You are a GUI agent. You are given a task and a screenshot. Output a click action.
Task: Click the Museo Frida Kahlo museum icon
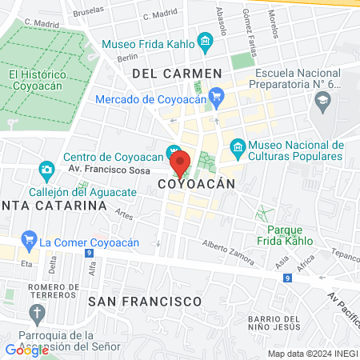pos(205,40)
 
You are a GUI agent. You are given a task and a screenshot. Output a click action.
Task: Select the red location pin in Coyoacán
pos(181,163)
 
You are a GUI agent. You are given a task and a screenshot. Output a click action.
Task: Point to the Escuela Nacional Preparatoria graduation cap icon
pos(322,100)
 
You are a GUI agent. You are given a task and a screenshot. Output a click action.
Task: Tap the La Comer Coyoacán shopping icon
pos(30,239)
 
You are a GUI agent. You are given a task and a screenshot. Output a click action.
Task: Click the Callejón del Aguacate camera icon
pos(46,170)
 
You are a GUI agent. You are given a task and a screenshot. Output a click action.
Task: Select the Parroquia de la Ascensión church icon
pos(35,313)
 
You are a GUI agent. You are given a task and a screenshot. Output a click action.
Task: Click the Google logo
pos(26,350)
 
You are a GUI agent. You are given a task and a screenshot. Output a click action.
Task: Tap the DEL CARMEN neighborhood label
pos(176,74)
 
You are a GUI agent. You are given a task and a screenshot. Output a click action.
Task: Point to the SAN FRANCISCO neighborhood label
pos(145,301)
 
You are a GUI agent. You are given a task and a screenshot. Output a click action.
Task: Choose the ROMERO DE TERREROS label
pos(57,294)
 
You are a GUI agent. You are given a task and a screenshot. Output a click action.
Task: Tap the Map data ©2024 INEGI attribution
pos(313,353)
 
